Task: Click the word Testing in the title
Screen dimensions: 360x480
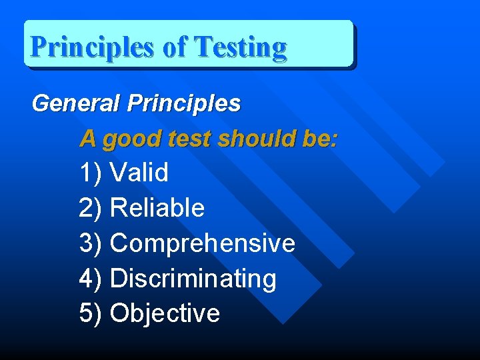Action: tap(240, 47)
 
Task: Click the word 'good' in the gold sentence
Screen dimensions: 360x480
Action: tap(131, 139)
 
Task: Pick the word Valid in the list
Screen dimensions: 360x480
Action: tap(139, 173)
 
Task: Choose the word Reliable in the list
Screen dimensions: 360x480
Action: tap(157, 208)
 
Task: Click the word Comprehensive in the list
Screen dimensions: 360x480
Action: tap(202, 243)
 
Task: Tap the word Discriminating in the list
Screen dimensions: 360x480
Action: tap(193, 278)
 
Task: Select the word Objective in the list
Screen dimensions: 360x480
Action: tap(165, 313)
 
